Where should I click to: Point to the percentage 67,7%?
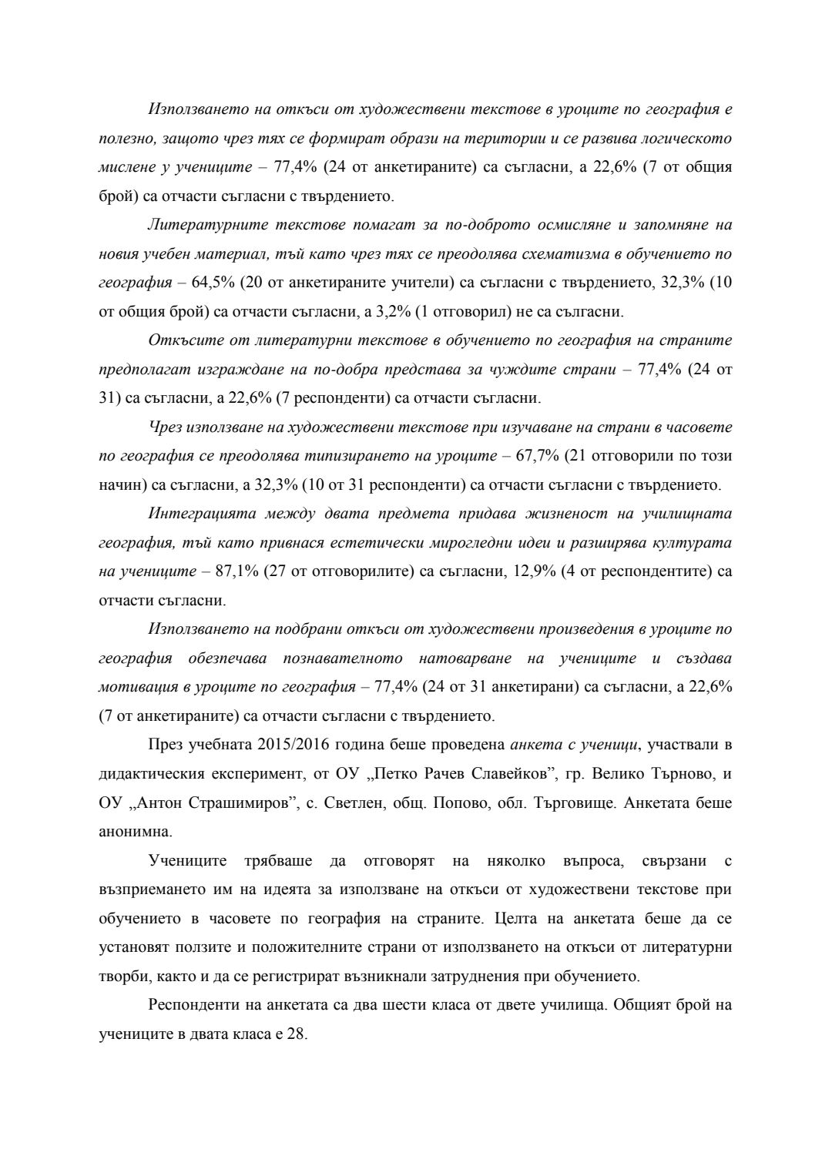pyautogui.click(x=535, y=456)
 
